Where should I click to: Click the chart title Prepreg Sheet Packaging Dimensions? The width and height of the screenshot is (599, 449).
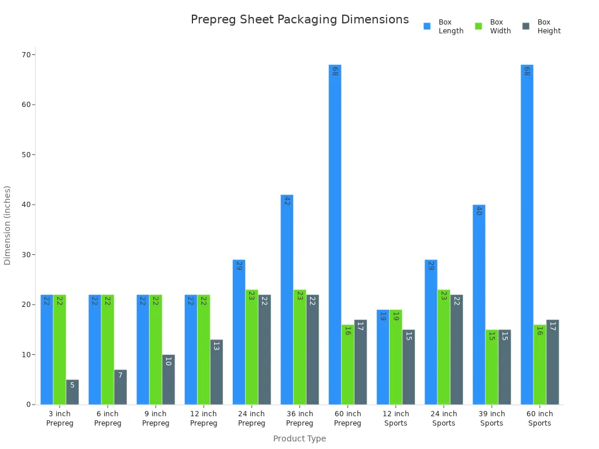click(x=299, y=20)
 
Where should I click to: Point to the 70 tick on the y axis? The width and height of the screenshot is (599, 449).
click(x=26, y=55)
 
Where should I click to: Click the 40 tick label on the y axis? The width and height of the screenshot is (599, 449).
click(x=26, y=205)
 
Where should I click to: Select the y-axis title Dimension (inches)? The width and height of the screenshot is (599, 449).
click(x=8, y=225)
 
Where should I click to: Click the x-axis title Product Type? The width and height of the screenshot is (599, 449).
click(x=299, y=438)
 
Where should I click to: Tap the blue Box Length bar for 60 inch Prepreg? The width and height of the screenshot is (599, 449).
click(x=335, y=234)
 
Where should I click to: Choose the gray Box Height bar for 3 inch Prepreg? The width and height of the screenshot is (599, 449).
click(x=72, y=392)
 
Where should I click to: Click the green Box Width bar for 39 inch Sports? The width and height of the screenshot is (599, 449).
click(x=491, y=367)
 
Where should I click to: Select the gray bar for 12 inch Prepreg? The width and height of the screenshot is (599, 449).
click(x=216, y=372)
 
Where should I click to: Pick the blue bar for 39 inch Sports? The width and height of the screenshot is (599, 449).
click(x=478, y=304)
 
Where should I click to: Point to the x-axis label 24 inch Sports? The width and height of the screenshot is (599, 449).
click(x=443, y=419)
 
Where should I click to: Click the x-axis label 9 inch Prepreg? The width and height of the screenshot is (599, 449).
click(x=156, y=419)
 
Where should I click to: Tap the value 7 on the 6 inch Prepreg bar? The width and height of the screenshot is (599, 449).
click(x=121, y=375)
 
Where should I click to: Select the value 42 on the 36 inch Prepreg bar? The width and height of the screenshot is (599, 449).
click(x=287, y=201)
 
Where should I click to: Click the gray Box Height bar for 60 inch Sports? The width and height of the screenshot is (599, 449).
click(x=552, y=362)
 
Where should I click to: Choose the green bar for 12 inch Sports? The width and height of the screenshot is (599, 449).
click(x=395, y=357)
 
